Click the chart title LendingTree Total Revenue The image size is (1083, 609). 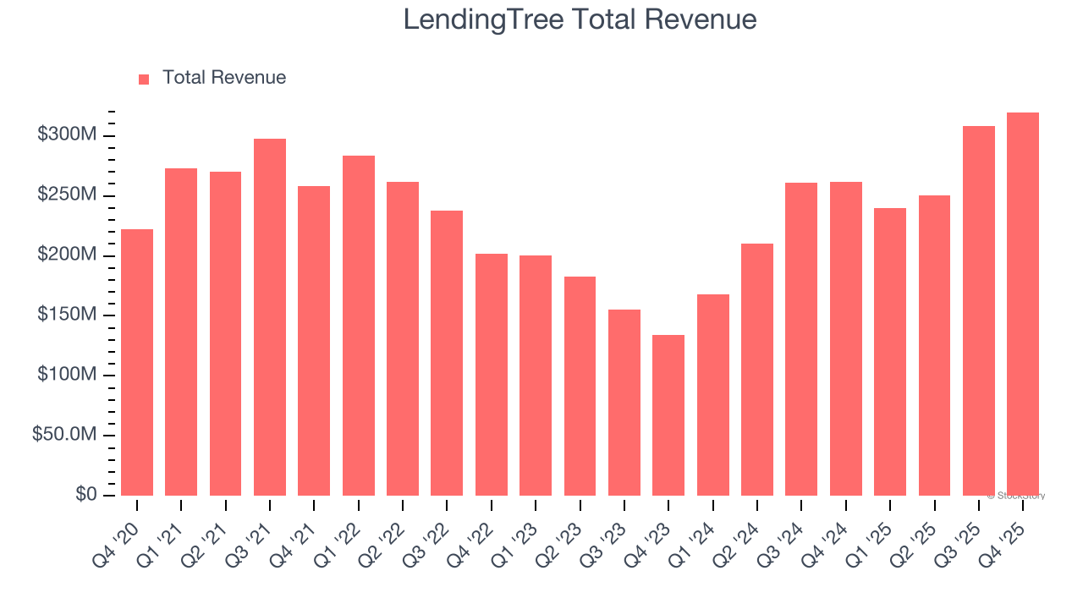580,19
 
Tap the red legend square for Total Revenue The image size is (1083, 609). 144,79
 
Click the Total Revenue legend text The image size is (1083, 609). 224,78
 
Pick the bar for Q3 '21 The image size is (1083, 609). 270,317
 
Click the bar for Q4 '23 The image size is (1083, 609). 668,414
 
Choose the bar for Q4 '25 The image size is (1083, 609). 1023,304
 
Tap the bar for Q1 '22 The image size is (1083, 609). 359,326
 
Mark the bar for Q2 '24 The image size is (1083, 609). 757,370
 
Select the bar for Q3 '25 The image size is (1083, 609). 979,310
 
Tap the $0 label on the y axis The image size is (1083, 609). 85,494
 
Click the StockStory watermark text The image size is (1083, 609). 1016,496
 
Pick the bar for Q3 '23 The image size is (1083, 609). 624,402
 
